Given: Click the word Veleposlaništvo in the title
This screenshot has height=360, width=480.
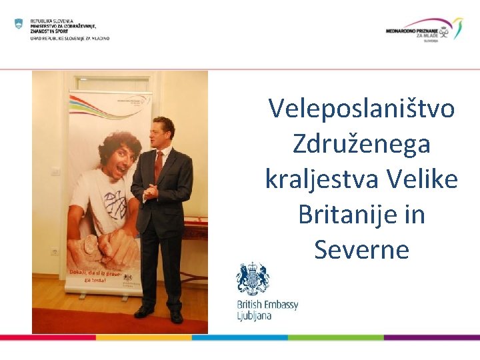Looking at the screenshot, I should (x=361, y=109).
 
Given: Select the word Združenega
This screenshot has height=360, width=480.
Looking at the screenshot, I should (x=361, y=144).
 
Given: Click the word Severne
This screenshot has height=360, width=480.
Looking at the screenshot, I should (x=361, y=250).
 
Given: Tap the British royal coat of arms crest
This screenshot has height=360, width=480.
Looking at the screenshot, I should (x=253, y=279).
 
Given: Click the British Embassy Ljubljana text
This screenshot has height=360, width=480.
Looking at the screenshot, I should (x=267, y=310).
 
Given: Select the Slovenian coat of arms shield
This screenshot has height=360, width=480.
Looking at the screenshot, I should (x=19, y=24).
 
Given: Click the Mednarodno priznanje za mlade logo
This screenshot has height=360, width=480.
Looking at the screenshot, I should (x=424, y=29).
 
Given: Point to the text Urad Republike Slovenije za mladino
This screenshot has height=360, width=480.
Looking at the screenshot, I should (x=69, y=38).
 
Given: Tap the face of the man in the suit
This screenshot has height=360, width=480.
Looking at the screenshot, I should (x=163, y=133).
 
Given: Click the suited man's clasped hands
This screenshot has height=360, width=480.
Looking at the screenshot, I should (x=151, y=193).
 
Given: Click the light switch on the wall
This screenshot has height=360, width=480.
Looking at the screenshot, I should (x=56, y=171).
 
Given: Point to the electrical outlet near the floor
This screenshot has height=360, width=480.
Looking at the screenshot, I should (x=55, y=252).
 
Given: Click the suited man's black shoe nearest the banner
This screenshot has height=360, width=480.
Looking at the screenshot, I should (x=143, y=311).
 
